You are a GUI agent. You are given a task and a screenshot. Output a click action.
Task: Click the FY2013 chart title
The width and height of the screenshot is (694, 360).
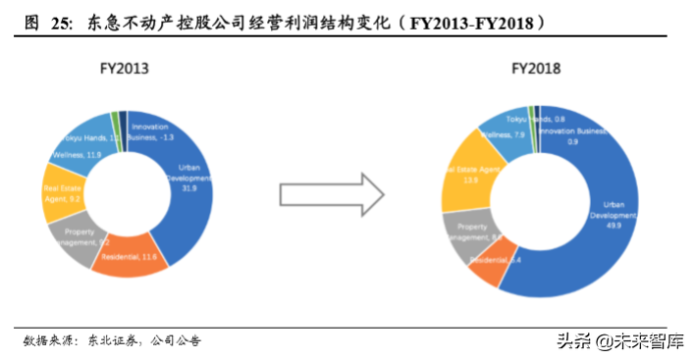click(124, 70)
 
